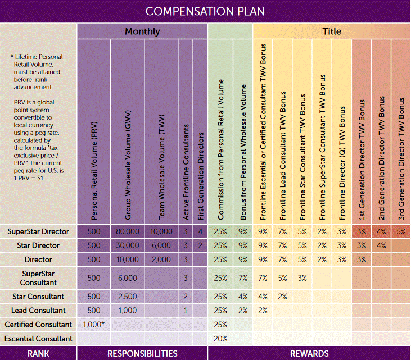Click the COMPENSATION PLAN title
[205, 11]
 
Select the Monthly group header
[142, 31]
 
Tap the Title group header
[332, 31]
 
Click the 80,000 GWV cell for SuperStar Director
[128, 231]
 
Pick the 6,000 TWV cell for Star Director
[161, 245]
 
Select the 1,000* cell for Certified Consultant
[93, 325]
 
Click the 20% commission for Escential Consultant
[220, 339]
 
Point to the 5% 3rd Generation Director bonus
[401, 231]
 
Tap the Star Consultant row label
[38, 297]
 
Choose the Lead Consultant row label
[38, 310]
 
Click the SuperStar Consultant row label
[38, 278]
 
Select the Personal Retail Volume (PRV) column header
[94, 171]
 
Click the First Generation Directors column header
[201, 176]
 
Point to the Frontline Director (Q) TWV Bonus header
[342, 163]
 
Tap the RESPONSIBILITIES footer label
[142, 353]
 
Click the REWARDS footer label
[309, 353]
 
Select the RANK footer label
[38, 353]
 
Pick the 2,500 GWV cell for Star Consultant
[128, 297]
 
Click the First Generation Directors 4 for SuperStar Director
[201, 231]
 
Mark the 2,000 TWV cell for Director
[161, 259]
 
